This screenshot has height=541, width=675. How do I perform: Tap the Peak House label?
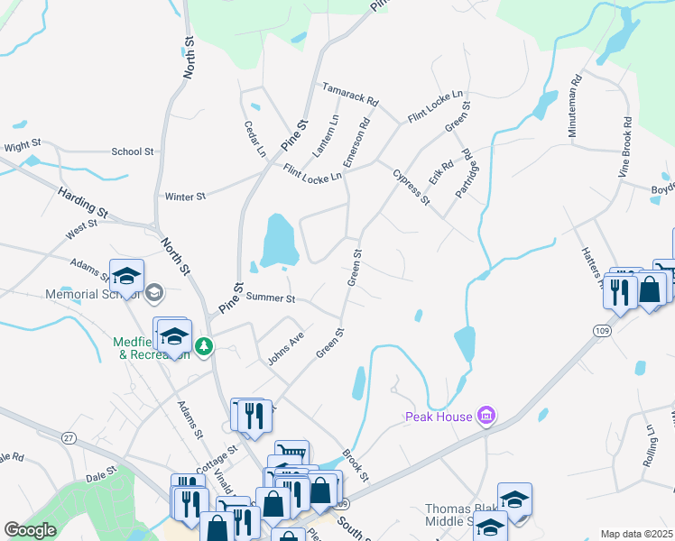(438, 417)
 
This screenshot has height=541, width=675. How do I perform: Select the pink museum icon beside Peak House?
(486, 416)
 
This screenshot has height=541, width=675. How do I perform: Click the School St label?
(133, 151)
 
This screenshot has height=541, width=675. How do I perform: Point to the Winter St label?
(186, 196)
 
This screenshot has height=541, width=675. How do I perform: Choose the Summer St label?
(271, 297)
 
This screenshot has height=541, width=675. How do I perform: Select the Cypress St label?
(411, 186)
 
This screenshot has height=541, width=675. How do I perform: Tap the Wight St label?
(23, 144)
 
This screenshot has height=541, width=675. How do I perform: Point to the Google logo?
(30, 530)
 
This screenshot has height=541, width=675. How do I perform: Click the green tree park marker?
(205, 346)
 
